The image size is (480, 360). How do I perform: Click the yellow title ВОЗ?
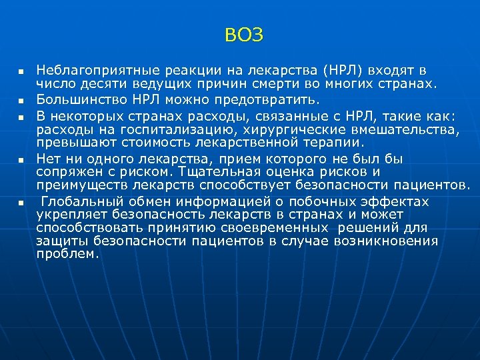tap(244, 35)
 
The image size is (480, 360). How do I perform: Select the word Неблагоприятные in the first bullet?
tap(89, 69)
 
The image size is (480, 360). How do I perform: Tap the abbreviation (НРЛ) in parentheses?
tap(343, 69)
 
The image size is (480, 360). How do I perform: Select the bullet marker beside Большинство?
tap(21, 101)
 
